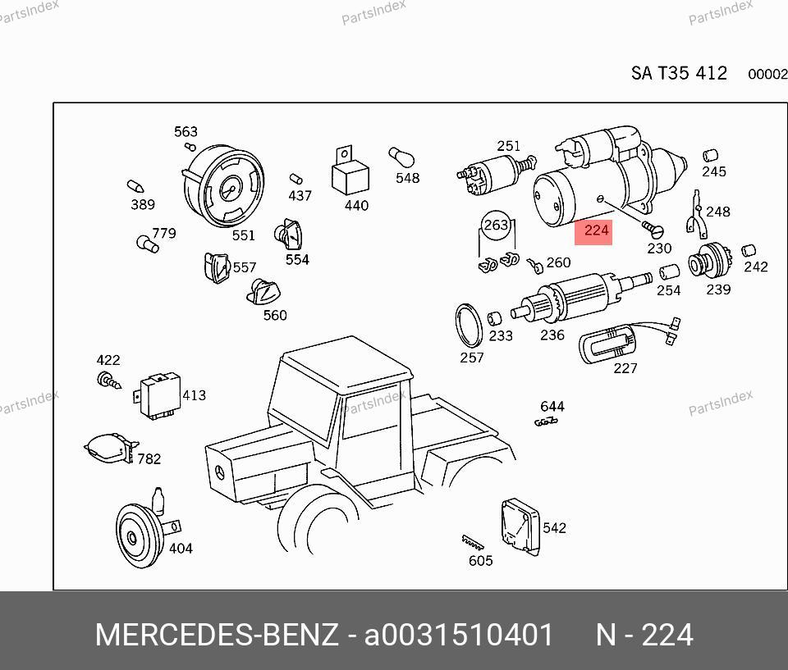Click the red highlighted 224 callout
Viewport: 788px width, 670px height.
click(x=593, y=232)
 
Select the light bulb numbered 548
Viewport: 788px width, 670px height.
click(x=401, y=157)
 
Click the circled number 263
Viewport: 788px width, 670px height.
click(x=496, y=225)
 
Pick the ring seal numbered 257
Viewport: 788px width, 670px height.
click(x=469, y=326)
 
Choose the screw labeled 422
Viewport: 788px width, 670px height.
click(x=109, y=381)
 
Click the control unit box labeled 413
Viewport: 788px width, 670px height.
click(x=158, y=395)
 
